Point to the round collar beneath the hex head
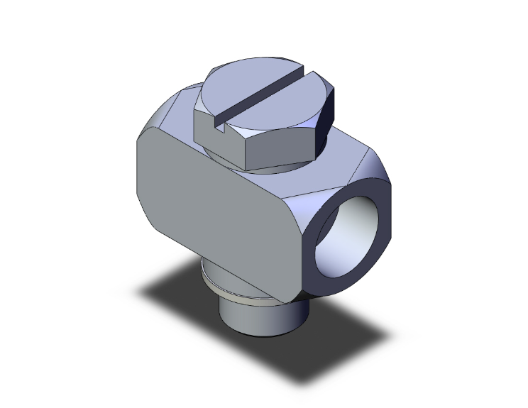(x=277, y=167)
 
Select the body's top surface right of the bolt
(x=341, y=152)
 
